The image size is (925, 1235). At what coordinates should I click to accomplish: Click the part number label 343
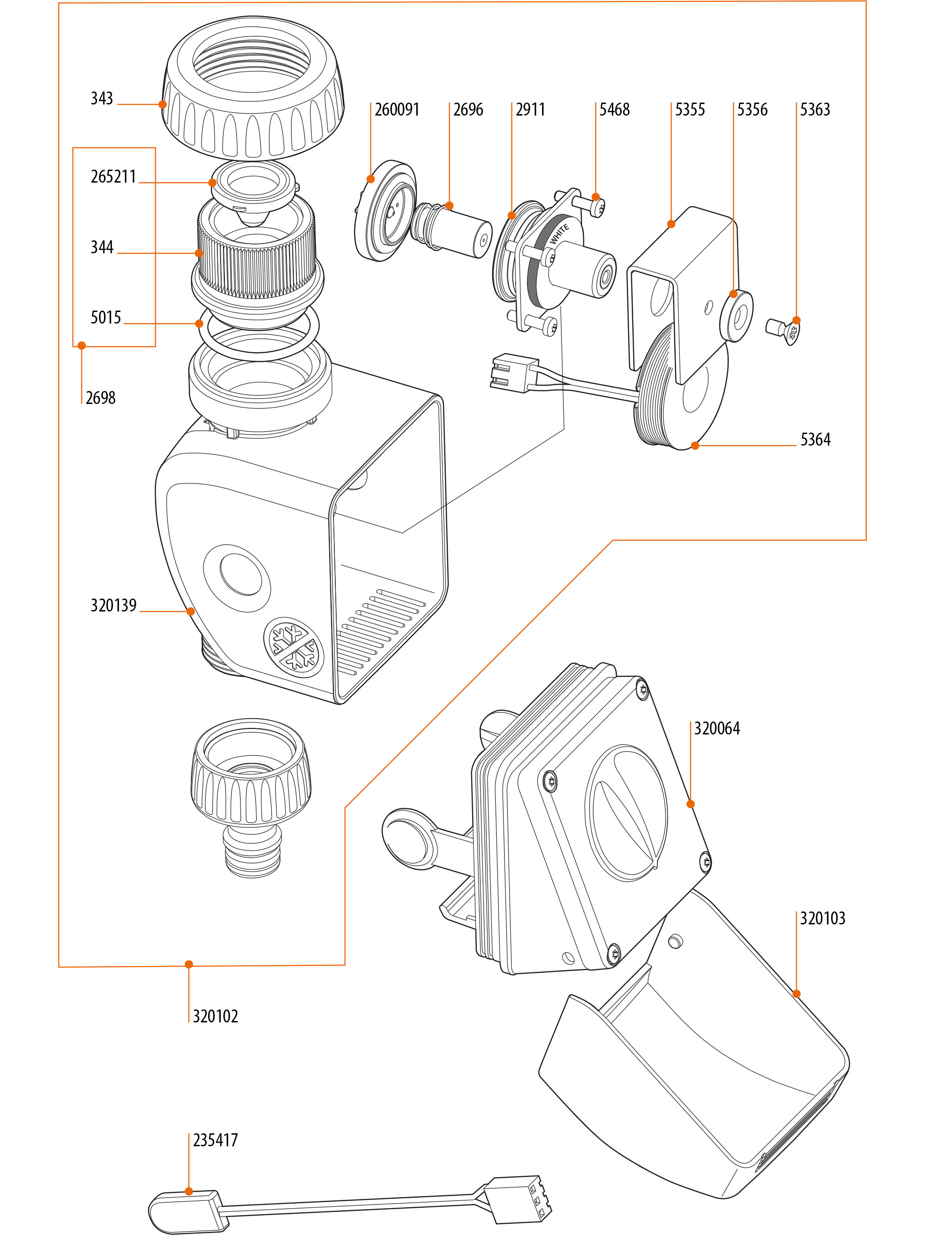point(102,99)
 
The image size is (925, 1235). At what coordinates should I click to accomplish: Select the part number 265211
point(113,177)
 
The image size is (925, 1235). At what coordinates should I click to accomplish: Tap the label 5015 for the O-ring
point(105,318)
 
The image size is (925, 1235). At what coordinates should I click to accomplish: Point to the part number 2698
point(100,398)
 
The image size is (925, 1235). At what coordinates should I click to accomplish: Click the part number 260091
point(396,110)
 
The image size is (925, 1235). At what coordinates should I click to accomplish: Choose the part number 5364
point(815,440)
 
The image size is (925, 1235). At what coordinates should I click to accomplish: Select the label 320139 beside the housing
point(113,605)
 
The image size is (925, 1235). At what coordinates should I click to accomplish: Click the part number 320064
point(717,728)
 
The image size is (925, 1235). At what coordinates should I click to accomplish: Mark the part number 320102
point(215,1016)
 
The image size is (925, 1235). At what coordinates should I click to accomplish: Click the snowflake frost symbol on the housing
point(293,647)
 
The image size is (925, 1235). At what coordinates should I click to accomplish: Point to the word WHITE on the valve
point(559,234)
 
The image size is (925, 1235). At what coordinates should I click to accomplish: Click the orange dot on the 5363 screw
point(796,320)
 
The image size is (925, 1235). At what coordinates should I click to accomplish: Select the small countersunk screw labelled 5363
point(782,330)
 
